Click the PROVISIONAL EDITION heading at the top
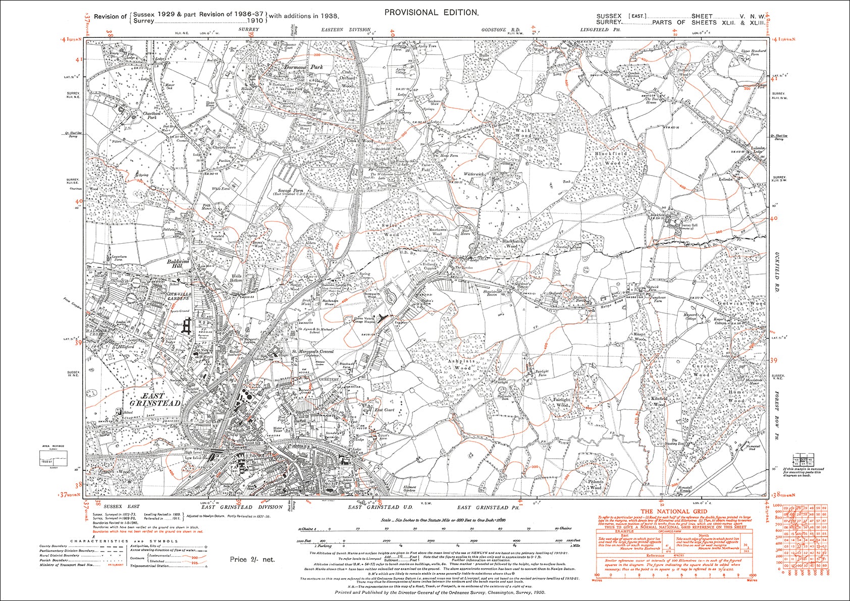coord(431,13)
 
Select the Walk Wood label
coord(523,133)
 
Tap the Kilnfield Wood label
coord(660,401)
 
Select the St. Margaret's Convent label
coord(312,351)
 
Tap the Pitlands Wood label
coord(596,485)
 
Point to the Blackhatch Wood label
coord(513,244)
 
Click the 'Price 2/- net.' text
coord(252,559)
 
